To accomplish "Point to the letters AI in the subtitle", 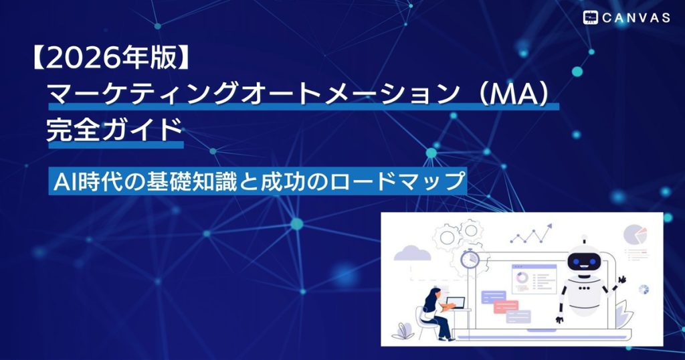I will tap(66, 181).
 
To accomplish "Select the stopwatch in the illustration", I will tap(470, 259).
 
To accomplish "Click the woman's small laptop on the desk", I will tap(456, 302).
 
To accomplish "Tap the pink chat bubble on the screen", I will tap(506, 306).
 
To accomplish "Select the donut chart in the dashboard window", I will tap(522, 277).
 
